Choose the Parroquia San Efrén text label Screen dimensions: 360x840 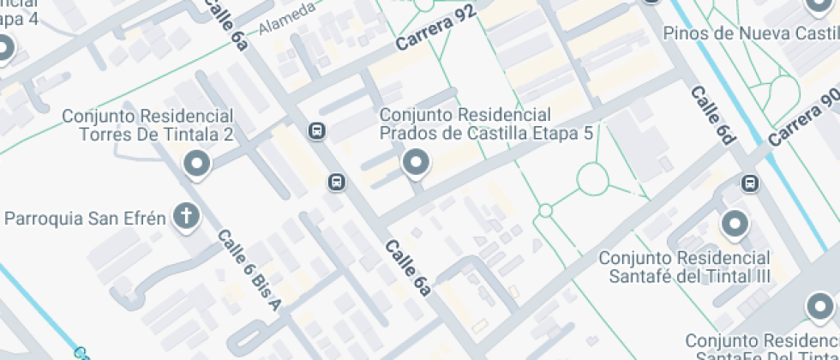point(85,218)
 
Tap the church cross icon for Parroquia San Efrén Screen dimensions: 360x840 point(185,218)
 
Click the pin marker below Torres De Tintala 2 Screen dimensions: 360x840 point(198,164)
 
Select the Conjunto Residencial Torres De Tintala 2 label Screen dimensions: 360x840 point(148,125)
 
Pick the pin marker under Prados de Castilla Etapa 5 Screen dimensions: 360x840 point(417,163)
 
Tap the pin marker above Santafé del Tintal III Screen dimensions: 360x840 point(735,225)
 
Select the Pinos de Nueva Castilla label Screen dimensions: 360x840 point(751,33)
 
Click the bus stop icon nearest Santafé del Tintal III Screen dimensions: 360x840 point(750,183)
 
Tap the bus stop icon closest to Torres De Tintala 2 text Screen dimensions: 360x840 point(316,131)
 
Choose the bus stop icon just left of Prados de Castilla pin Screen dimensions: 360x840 point(337,182)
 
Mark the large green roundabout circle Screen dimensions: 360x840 point(592,180)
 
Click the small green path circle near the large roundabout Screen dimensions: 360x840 point(545,210)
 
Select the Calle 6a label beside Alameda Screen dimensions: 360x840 point(227,23)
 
